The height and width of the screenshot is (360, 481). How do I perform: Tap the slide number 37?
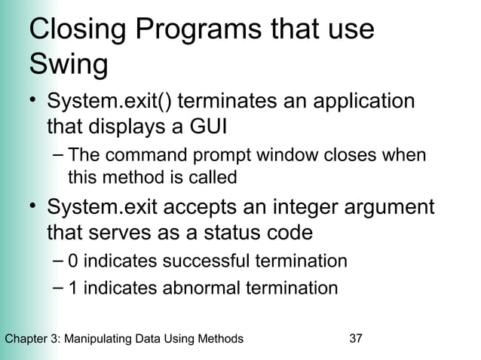coord(357,339)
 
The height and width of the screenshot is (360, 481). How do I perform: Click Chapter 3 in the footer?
coord(32,339)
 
